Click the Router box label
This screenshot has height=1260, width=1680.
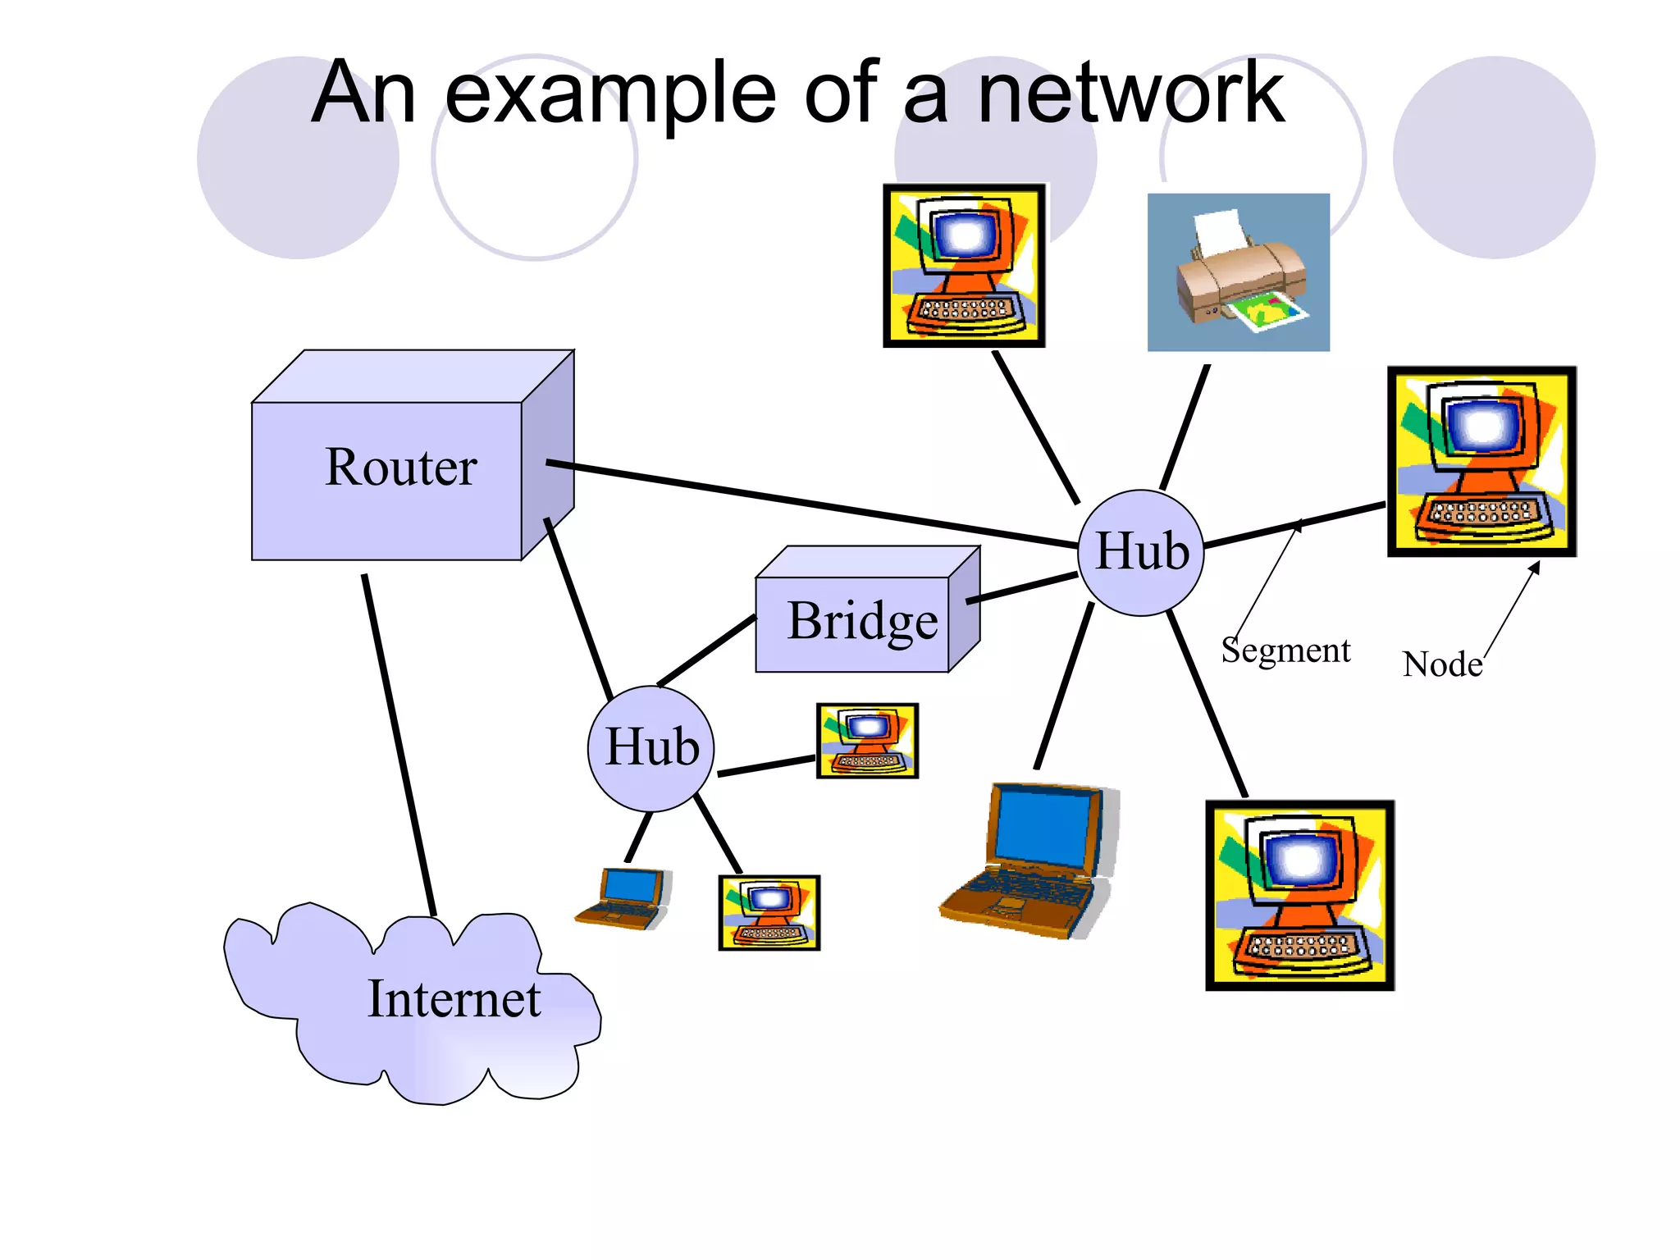[400, 467]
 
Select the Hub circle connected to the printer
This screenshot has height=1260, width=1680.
[1141, 552]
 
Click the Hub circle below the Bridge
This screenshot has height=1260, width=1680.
[651, 748]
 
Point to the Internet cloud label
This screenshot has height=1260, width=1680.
[453, 999]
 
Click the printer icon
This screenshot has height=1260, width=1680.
[1237, 273]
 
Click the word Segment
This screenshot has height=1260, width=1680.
[1285, 650]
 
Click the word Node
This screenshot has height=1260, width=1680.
[1441, 664]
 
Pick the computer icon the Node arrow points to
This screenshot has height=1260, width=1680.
[1481, 461]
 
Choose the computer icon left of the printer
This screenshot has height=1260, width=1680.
[964, 265]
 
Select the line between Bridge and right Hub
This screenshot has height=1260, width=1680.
[1022, 589]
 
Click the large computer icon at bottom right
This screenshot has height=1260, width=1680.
[1299, 896]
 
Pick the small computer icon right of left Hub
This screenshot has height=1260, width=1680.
[867, 740]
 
